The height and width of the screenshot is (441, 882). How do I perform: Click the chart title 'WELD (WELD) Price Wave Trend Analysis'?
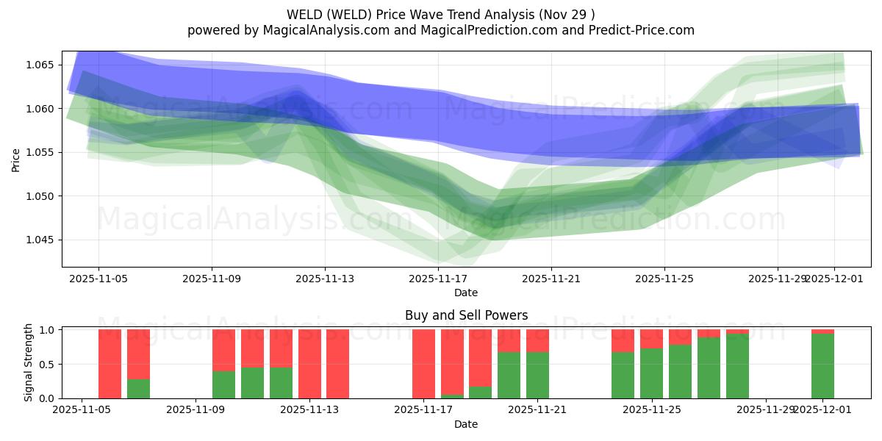[x=440, y=14]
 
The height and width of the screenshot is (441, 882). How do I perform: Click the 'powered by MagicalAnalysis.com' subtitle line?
[x=440, y=30]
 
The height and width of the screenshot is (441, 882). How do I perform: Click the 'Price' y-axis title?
[x=16, y=159]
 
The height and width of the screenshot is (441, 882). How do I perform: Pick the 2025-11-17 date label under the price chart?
[x=438, y=279]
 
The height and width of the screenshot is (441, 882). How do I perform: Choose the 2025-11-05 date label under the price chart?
[x=99, y=279]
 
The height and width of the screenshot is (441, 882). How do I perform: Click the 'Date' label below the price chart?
[x=466, y=293]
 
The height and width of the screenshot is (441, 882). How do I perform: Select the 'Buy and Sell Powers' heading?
[x=466, y=315]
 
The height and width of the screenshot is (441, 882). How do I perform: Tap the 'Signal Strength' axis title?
[x=29, y=362]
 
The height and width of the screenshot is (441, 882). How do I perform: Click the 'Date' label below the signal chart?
[x=466, y=424]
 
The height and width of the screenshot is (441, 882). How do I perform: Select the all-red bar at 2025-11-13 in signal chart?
[x=309, y=364]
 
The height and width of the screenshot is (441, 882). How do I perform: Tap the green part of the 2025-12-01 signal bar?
[x=822, y=366]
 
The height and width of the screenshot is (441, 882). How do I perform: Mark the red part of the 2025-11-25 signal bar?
[x=651, y=338]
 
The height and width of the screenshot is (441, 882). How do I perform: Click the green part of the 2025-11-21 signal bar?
[x=537, y=375]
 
